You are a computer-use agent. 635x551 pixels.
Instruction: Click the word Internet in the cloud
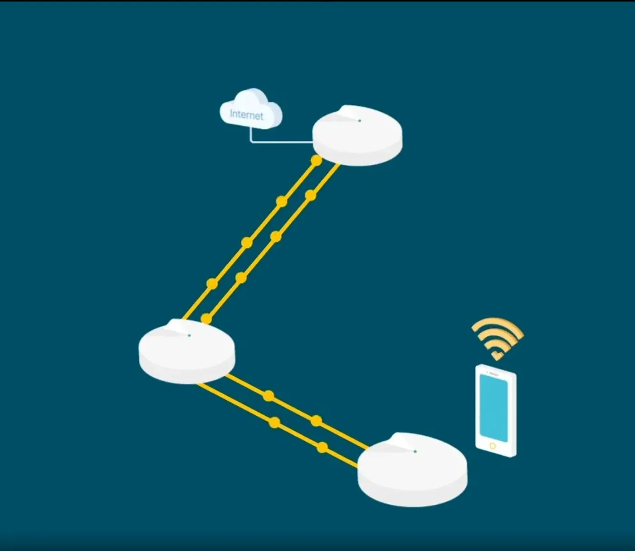(246, 115)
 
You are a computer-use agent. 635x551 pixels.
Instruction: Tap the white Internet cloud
(251, 108)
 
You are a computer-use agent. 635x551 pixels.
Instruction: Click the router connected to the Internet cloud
(357, 136)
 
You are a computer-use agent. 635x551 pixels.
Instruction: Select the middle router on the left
(187, 351)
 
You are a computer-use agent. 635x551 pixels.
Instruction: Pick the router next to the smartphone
(412, 469)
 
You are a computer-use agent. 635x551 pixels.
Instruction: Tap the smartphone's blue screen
(493, 408)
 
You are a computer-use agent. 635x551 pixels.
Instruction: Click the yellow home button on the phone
(493, 446)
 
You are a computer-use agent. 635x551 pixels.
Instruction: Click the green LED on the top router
(359, 121)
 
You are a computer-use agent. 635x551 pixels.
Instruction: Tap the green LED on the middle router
(189, 335)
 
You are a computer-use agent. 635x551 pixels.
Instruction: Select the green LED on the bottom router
(415, 452)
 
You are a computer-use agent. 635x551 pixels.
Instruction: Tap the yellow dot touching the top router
(317, 160)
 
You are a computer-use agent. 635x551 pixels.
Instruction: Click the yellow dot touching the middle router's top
(206, 319)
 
